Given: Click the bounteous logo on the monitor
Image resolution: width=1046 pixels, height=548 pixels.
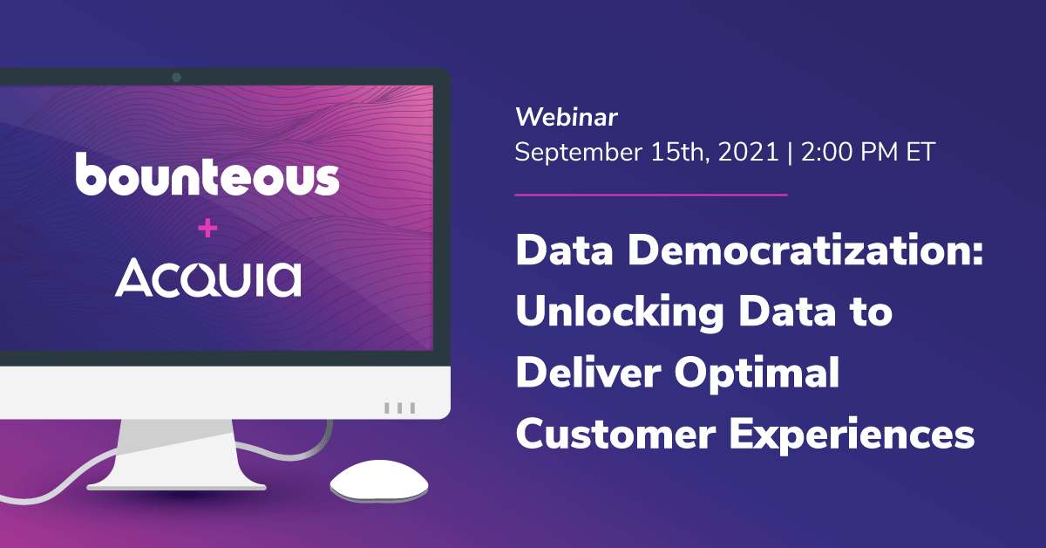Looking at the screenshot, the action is tap(207, 174).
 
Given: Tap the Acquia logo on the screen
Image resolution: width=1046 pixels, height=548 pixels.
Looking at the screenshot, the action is tap(208, 277).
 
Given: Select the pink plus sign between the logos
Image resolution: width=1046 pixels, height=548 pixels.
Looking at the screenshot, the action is tap(207, 228).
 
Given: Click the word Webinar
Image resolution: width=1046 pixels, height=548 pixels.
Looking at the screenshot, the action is tap(567, 117).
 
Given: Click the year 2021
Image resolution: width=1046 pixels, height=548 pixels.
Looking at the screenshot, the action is tap(748, 152).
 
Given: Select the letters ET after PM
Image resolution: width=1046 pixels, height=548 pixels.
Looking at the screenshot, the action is tap(920, 152).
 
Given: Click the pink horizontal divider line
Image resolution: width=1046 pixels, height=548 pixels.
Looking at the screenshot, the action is tap(651, 195).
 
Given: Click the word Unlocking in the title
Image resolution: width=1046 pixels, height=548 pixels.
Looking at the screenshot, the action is tap(620, 313).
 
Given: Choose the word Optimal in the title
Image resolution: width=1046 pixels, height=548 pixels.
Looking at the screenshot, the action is tap(757, 375).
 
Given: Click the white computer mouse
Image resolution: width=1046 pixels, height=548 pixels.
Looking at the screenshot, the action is tap(379, 481).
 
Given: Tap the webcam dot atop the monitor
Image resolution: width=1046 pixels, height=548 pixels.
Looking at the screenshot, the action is tap(176, 77).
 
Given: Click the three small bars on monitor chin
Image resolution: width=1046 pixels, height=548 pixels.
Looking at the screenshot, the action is tap(400, 408).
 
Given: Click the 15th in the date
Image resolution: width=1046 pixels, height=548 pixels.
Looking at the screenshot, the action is tap(681, 152).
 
